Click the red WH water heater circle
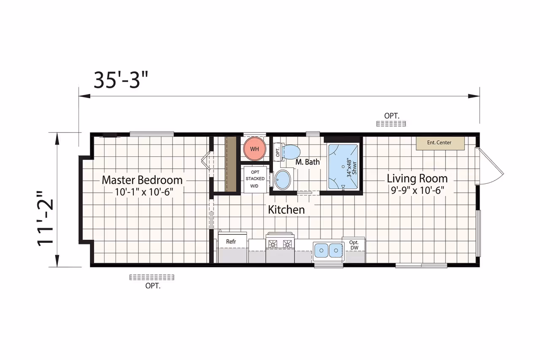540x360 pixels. pyautogui.click(x=254, y=149)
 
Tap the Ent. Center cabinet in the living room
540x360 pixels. pyautogui.click(x=440, y=143)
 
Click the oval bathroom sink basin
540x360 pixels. pyautogui.click(x=283, y=180)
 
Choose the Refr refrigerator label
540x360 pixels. pyautogui.click(x=231, y=242)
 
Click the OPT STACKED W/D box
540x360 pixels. pyautogui.click(x=255, y=179)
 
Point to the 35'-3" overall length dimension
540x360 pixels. pyautogui.click(x=121, y=80)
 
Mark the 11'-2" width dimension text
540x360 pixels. pyautogui.click(x=45, y=219)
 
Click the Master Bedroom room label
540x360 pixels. pyautogui.click(x=142, y=180)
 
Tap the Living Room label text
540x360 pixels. pyautogui.click(x=417, y=179)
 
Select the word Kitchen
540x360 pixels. pyautogui.click(x=286, y=210)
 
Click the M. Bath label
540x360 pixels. pyautogui.click(x=308, y=162)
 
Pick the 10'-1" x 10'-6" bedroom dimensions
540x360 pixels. pyautogui.click(x=144, y=192)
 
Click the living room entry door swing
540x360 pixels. pyautogui.click(x=489, y=166)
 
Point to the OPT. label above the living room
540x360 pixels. pyautogui.click(x=392, y=116)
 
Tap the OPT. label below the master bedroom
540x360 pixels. pyautogui.click(x=153, y=286)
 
